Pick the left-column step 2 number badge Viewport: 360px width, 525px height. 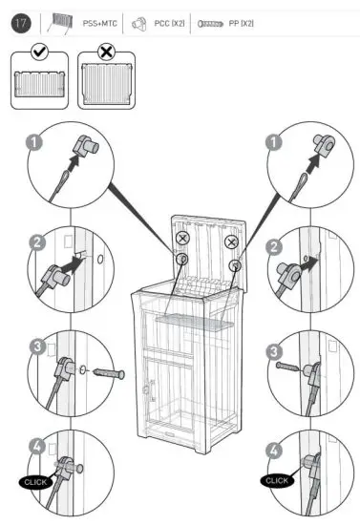tap(36, 243)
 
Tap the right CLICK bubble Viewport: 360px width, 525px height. tap(278, 480)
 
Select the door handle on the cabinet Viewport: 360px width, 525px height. tap(149, 388)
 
